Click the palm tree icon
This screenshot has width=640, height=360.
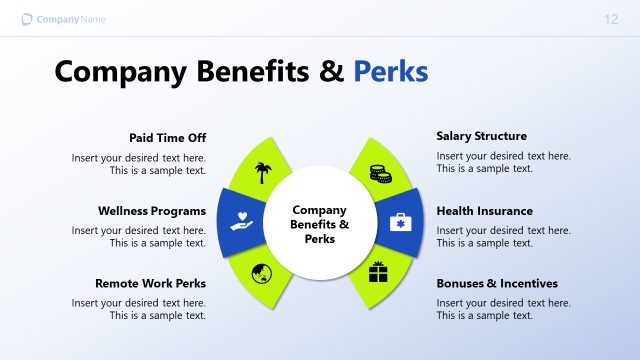point(263,172)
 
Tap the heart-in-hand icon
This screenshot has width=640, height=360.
point(241,219)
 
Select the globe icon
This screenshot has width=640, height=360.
point(262,272)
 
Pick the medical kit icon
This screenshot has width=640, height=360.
point(399,221)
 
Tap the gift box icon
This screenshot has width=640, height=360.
point(378,271)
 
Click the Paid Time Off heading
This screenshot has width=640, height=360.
point(167,137)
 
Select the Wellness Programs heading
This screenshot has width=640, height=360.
point(152,211)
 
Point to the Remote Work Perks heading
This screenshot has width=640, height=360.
point(150,283)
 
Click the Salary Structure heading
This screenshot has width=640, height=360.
point(481,136)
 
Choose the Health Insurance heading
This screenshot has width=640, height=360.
point(484,211)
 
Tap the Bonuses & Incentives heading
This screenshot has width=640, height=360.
point(497,283)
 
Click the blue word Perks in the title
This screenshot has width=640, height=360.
point(390,72)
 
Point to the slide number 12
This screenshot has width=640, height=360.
point(611,20)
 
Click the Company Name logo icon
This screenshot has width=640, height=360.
point(26,20)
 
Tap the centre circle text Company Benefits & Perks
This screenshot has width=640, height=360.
point(319,224)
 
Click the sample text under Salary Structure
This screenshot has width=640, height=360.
point(503,163)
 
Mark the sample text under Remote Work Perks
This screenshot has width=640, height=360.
point(138,309)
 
